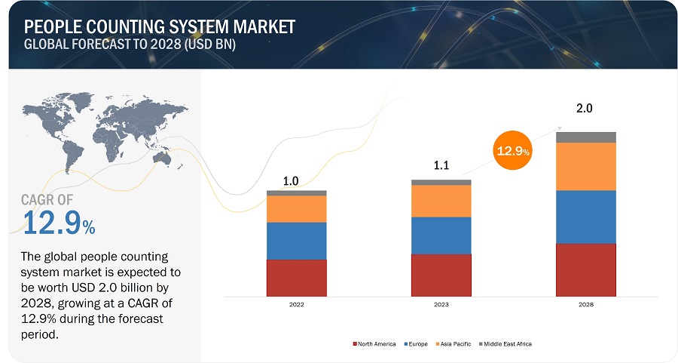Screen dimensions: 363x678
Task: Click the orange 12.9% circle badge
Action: (x=512, y=151)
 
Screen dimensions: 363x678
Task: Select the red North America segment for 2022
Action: (x=296, y=278)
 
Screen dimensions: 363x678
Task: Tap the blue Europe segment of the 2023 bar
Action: (x=441, y=235)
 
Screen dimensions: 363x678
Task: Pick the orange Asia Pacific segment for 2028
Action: (x=585, y=166)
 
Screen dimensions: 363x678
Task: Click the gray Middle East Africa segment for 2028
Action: (x=585, y=137)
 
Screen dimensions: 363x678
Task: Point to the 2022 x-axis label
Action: (x=296, y=304)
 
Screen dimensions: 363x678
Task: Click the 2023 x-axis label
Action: (x=441, y=304)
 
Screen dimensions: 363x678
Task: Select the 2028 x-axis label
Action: (x=585, y=304)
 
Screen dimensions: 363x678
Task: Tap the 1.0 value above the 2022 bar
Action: (x=291, y=181)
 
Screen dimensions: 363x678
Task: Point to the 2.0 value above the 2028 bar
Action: (x=585, y=109)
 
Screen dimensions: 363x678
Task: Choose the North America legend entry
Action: (x=374, y=344)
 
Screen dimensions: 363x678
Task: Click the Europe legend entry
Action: (x=417, y=344)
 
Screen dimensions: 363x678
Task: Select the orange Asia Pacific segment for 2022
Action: (x=296, y=209)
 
